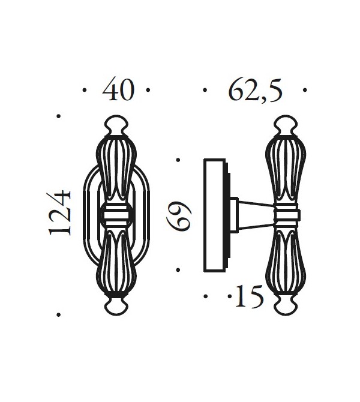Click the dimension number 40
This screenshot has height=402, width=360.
(118, 89)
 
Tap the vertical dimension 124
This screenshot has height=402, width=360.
(59, 212)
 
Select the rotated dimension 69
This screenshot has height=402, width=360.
(179, 215)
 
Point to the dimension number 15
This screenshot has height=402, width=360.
(249, 296)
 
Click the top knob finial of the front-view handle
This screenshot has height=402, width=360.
(116, 125)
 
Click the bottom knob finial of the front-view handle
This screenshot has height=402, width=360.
(116, 306)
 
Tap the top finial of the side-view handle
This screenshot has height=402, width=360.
(286, 125)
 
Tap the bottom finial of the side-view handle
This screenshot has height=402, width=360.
(286, 306)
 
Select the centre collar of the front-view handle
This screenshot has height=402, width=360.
(116, 215)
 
